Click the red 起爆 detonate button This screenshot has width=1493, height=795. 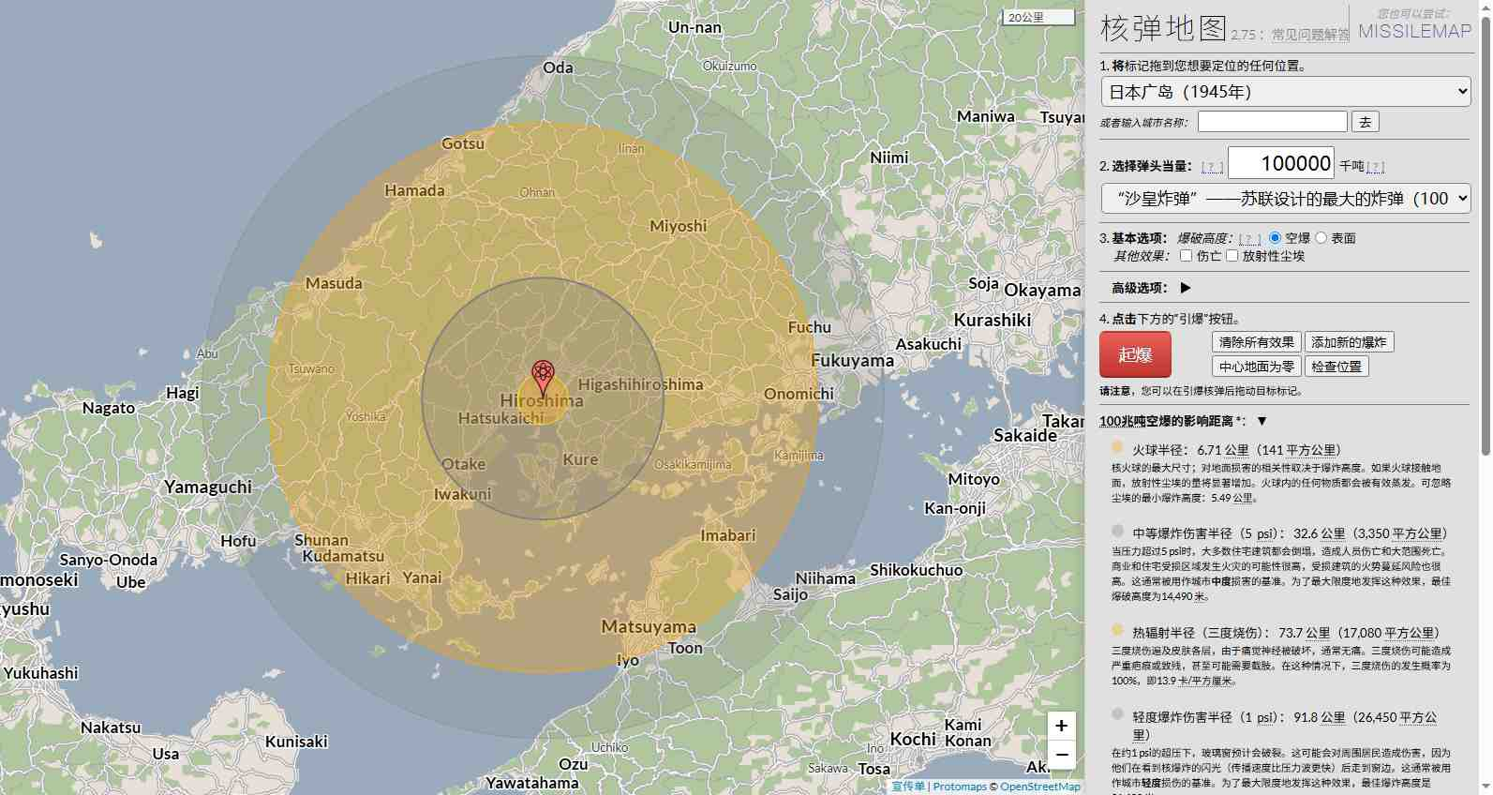[1135, 355]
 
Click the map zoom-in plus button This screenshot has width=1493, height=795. [1061, 725]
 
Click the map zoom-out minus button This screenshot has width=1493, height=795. [1061, 754]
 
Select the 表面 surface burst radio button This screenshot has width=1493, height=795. [1321, 238]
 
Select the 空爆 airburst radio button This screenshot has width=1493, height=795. [1275, 238]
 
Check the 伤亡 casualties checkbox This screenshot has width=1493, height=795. [1186, 256]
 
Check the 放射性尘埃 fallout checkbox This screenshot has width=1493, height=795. [1232, 256]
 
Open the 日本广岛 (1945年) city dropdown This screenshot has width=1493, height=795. [1286, 92]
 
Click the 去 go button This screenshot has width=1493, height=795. [1365, 122]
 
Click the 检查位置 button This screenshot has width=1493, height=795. [1336, 367]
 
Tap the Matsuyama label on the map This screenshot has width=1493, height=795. [649, 626]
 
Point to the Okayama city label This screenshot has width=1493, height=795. [1042, 291]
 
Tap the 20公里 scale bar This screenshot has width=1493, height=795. [1038, 18]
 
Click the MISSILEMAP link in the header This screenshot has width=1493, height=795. [1414, 31]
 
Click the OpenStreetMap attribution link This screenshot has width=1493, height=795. [1039, 787]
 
